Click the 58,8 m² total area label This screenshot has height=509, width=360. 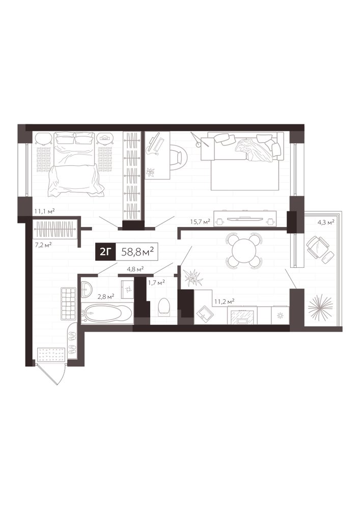[137, 251]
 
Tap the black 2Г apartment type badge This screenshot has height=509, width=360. [105, 251]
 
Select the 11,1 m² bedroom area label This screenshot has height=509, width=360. [44, 211]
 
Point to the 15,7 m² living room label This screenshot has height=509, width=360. [200, 222]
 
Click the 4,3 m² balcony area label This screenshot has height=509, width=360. [326, 223]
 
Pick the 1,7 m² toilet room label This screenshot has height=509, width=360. [156, 282]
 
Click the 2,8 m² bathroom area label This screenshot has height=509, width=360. [105, 296]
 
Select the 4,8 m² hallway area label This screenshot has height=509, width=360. [135, 269]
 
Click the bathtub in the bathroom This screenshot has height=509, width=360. [107, 314]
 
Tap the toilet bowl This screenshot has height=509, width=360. [163, 306]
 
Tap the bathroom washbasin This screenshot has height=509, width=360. [87, 289]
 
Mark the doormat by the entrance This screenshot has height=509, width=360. [50, 354]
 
